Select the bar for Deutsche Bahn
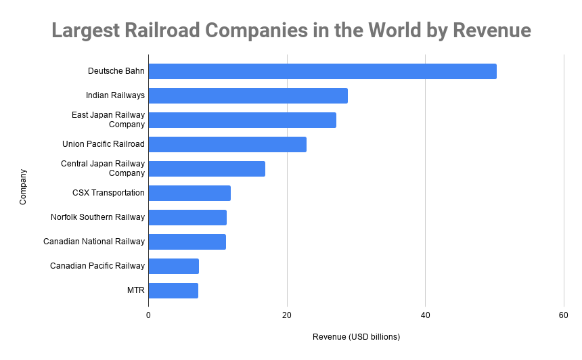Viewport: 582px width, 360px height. (322, 71)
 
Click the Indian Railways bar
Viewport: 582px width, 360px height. (248, 95)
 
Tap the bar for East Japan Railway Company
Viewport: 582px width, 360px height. (242, 120)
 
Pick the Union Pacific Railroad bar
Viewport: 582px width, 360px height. (227, 144)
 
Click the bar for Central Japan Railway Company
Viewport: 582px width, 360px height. (206, 168)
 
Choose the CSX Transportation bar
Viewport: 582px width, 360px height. (189, 193)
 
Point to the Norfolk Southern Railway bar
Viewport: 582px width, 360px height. (187, 217)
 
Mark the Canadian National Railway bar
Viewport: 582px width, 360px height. (187, 242)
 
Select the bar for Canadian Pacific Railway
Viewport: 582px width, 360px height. (173, 266)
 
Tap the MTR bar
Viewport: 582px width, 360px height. (173, 290)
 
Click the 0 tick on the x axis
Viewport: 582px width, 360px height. (149, 315)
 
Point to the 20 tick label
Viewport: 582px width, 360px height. (287, 315)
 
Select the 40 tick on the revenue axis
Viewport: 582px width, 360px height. (426, 315)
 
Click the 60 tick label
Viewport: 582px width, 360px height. (564, 315)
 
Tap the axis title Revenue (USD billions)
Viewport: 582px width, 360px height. (356, 337)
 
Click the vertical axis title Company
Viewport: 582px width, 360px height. (23, 186)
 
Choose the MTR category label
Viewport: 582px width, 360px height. (136, 290)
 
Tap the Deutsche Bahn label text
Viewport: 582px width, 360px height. (116, 71)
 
